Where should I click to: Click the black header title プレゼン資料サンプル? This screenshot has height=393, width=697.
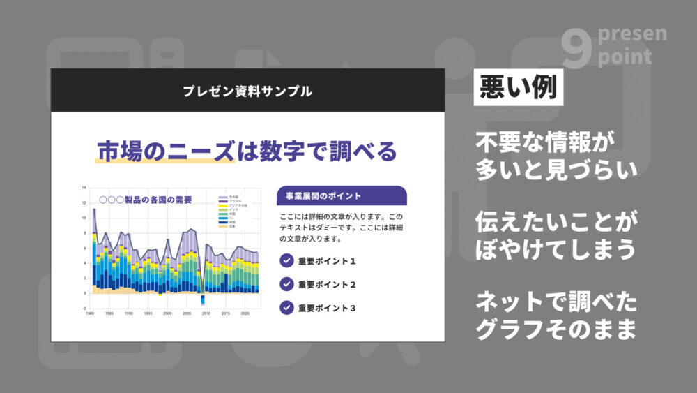click(x=247, y=91)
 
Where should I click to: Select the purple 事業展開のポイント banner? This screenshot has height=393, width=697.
click(x=342, y=195)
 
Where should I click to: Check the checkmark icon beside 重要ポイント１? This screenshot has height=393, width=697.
click(x=286, y=261)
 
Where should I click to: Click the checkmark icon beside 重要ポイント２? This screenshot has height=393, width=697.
click(x=286, y=284)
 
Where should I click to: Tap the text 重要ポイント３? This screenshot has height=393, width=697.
click(x=327, y=308)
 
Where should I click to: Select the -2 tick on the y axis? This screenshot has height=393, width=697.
click(x=84, y=308)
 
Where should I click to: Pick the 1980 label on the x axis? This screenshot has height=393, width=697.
click(x=90, y=314)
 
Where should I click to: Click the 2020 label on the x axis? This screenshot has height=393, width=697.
click(x=245, y=314)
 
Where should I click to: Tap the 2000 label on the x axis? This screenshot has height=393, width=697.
click(x=167, y=314)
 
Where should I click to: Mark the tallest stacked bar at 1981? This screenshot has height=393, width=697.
click(x=94, y=244)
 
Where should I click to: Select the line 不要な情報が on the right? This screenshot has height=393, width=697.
click(x=546, y=142)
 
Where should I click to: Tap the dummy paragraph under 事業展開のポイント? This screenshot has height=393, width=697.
click(x=342, y=228)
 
